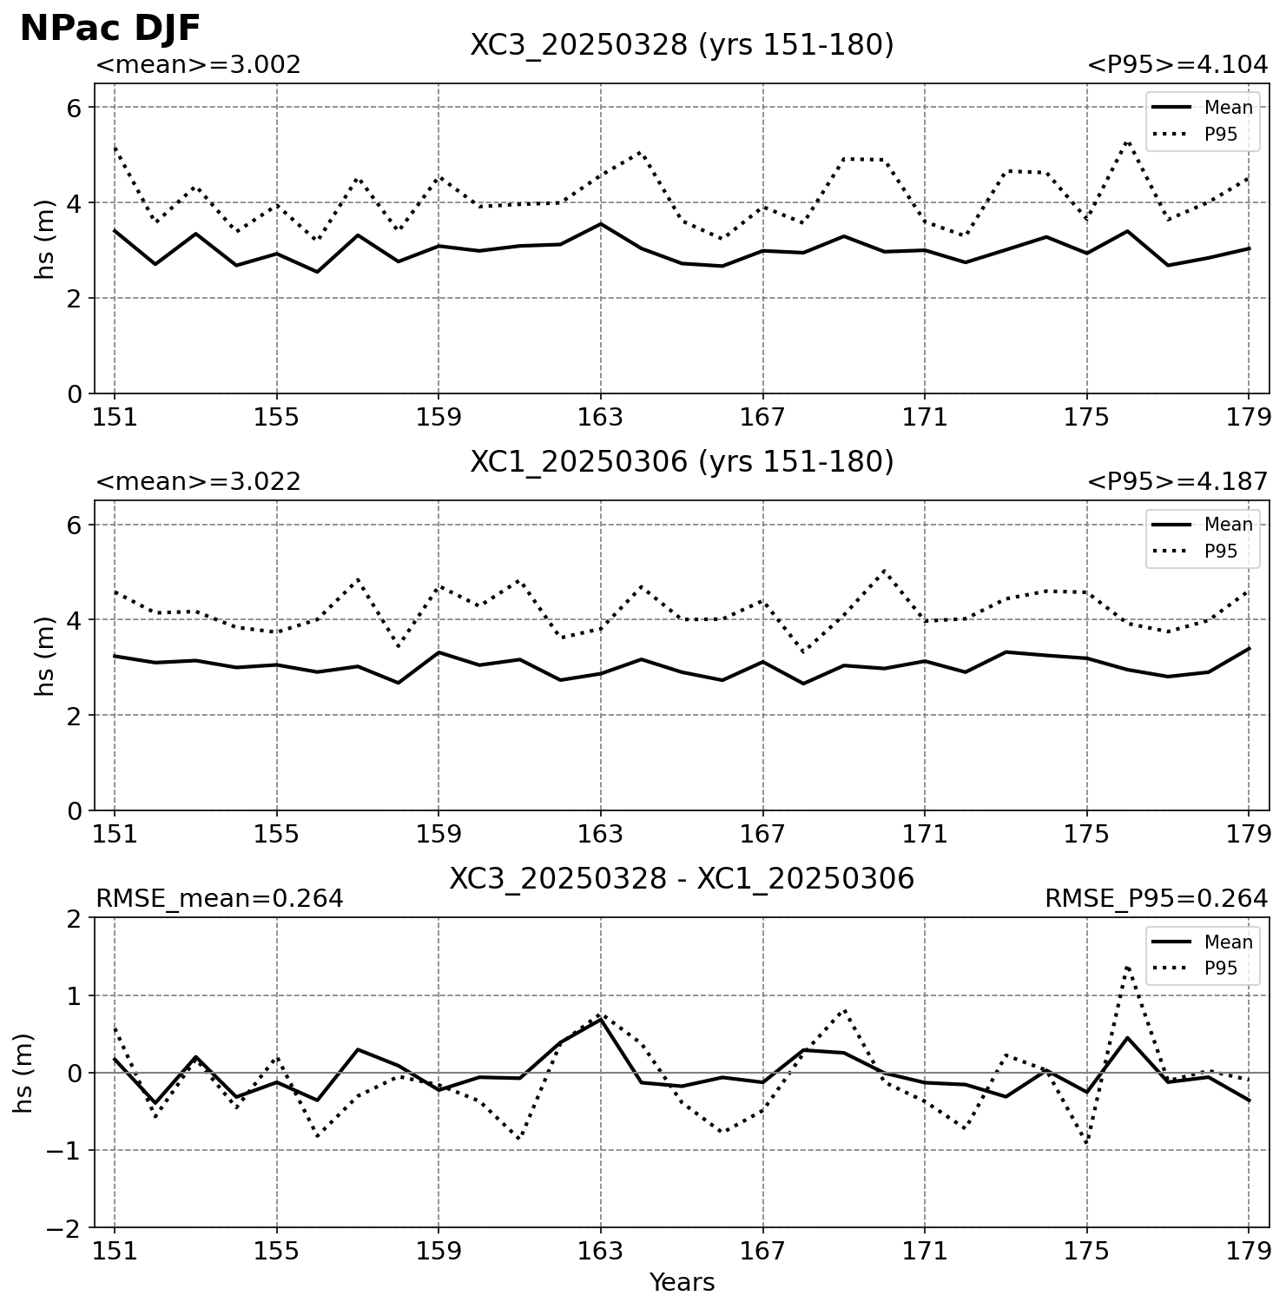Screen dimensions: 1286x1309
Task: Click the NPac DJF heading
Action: pos(110,28)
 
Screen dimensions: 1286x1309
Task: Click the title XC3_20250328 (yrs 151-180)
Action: pos(682,45)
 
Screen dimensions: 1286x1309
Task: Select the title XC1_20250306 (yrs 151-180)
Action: pos(682,462)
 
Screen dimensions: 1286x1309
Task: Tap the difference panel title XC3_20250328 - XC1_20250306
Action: pos(682,879)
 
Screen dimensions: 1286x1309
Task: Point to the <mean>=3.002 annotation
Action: pos(198,65)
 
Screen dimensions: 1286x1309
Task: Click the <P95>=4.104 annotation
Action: pos(1177,65)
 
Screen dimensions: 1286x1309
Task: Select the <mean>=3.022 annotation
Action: pos(198,482)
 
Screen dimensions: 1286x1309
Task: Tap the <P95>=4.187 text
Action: pos(1177,482)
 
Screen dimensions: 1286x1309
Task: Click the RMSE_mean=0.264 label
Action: pos(219,899)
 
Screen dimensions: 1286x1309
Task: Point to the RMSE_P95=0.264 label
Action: pos(1157,899)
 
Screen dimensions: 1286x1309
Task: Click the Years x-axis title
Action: pos(682,1283)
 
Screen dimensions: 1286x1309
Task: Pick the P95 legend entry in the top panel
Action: pos(1202,135)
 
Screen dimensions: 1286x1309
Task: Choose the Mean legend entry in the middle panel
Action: pos(1202,525)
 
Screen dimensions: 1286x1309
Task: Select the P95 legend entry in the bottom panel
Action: pos(1202,969)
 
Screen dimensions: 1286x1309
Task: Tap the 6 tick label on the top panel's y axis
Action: pos(74,108)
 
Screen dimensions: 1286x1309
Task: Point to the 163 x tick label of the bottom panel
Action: pos(600,1252)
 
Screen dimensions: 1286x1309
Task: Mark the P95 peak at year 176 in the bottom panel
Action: pos(1127,966)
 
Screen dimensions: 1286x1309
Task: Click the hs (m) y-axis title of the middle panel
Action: pos(45,656)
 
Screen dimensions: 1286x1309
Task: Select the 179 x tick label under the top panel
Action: pos(1249,418)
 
